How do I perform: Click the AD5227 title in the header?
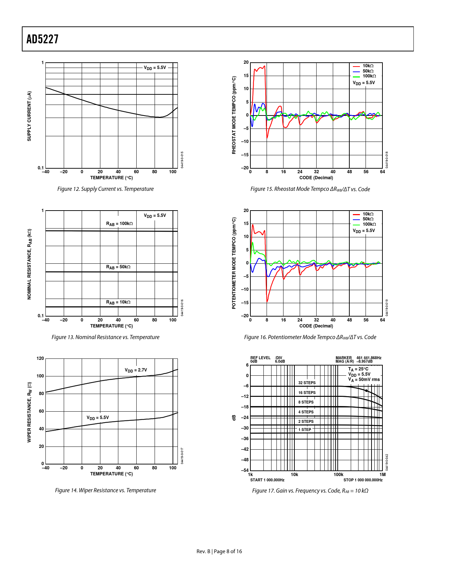click(43, 39)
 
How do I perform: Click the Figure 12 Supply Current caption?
click(105, 189)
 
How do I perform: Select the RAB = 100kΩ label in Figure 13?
click(119, 224)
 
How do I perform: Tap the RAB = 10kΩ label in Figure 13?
click(118, 302)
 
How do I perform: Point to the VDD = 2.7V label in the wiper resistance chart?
click(136, 370)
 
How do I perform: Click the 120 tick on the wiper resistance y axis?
click(40, 358)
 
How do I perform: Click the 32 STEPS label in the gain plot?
click(307, 383)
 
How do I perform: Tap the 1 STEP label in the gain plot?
click(305, 430)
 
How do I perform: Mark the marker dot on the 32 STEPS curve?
click(366, 391)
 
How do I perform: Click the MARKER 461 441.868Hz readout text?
click(358, 358)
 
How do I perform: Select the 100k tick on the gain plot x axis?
click(338, 475)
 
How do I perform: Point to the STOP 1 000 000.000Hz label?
click(363, 480)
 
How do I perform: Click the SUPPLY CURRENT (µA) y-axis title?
click(29, 116)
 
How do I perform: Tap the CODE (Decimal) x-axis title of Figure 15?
click(316, 178)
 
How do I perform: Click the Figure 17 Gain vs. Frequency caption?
click(310, 491)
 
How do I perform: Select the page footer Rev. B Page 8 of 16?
click(219, 551)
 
